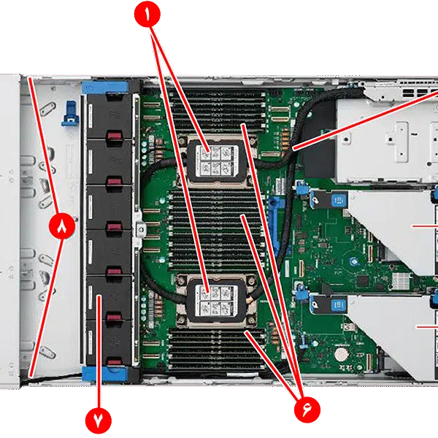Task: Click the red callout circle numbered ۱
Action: tap(148, 15)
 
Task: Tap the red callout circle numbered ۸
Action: tap(61, 227)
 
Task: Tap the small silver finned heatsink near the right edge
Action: tap(401, 281)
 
